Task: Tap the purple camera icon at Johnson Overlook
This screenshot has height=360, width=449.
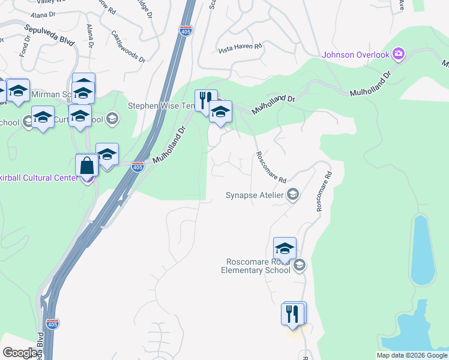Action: [397, 55]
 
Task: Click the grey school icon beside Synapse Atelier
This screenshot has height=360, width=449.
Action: [293, 194]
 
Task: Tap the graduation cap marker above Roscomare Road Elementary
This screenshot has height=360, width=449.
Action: [285, 248]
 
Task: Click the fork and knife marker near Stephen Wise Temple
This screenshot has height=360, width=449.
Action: [204, 101]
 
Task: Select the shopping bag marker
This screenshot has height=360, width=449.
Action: [87, 166]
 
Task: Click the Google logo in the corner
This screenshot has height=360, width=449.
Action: [20, 353]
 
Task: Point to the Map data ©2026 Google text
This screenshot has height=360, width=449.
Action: [412, 355]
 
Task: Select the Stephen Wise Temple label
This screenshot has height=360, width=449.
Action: [161, 106]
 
